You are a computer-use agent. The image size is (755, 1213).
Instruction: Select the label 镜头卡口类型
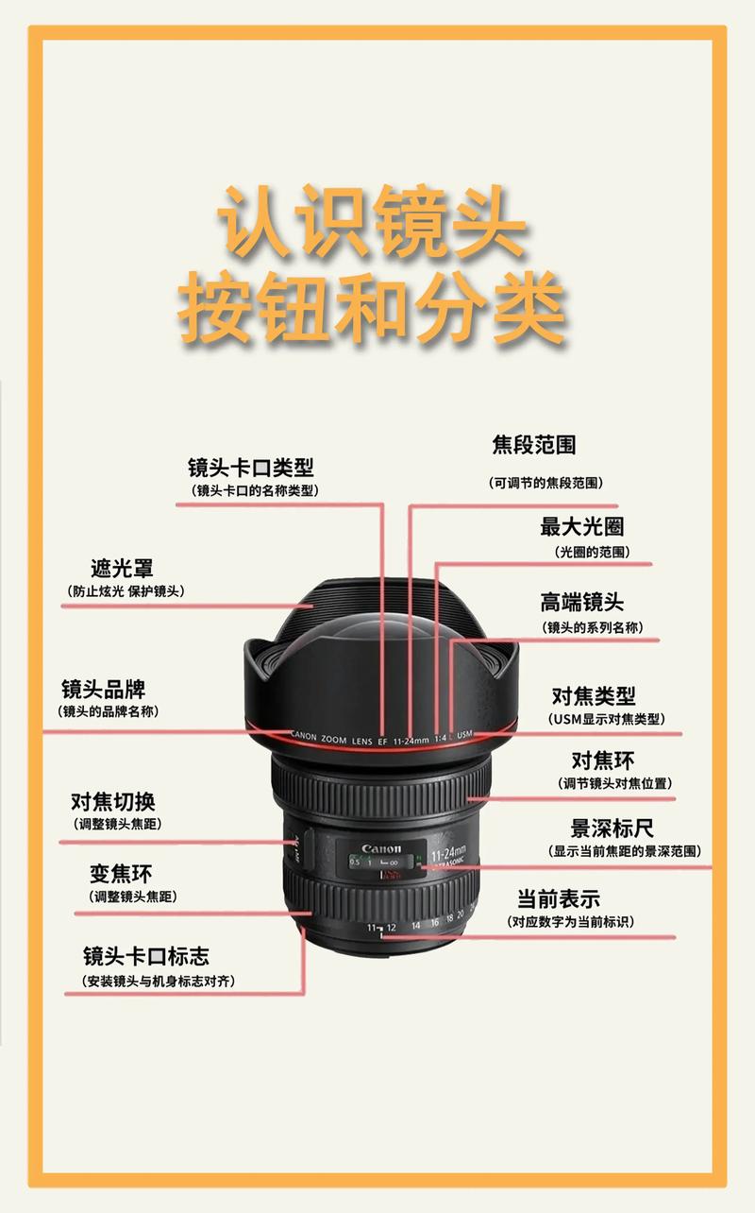click(x=251, y=467)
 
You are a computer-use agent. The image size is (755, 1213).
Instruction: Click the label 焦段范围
click(x=534, y=444)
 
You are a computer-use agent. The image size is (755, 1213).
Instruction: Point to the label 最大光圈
click(x=581, y=526)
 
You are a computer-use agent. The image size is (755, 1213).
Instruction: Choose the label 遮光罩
click(x=122, y=568)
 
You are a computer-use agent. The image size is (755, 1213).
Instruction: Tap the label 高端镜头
click(x=581, y=602)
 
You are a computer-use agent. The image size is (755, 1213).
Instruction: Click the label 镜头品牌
click(x=104, y=688)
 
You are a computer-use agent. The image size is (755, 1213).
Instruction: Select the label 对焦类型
click(x=594, y=695)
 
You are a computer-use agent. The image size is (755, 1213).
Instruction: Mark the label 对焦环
click(x=603, y=760)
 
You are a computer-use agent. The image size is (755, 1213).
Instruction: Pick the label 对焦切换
click(x=113, y=801)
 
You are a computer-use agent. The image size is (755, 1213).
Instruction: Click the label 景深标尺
click(x=612, y=829)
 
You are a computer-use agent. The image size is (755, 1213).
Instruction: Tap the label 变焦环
click(x=121, y=873)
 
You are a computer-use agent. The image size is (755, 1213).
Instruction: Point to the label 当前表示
click(x=558, y=898)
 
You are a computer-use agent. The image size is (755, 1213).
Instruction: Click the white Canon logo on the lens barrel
click(x=381, y=848)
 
